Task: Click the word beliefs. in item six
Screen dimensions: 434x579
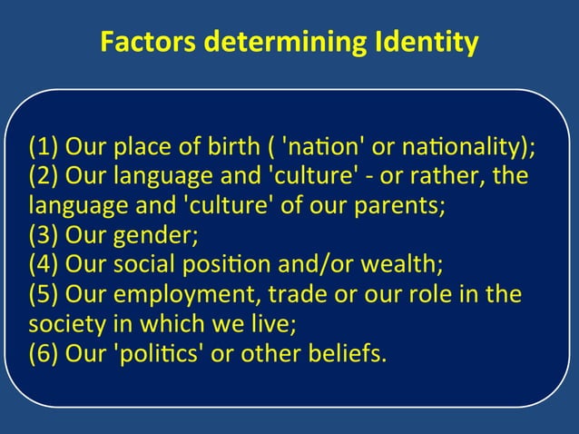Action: pos(348,353)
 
